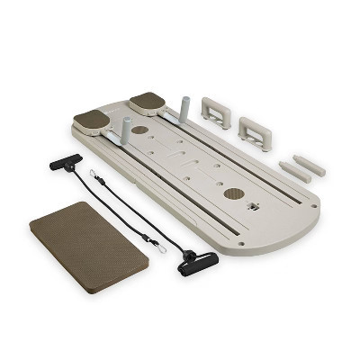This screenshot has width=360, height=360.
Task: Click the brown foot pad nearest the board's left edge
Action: pos(91,119)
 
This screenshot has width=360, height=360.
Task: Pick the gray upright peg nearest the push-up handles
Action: pos(185,108)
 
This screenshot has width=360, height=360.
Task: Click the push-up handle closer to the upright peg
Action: pos(215,111)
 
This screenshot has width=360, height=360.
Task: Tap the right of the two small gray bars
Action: pos(309,165)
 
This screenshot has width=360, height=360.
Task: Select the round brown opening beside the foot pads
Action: pos(140,130)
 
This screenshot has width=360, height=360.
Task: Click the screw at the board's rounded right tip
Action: pos(312,206)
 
